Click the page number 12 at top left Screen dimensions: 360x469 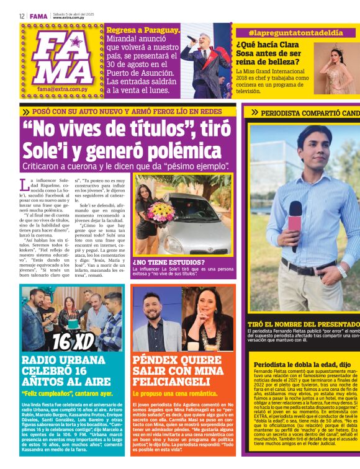point(21,16)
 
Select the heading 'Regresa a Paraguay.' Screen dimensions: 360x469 point(143,30)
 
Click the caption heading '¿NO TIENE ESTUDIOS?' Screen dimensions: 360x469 point(161,262)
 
